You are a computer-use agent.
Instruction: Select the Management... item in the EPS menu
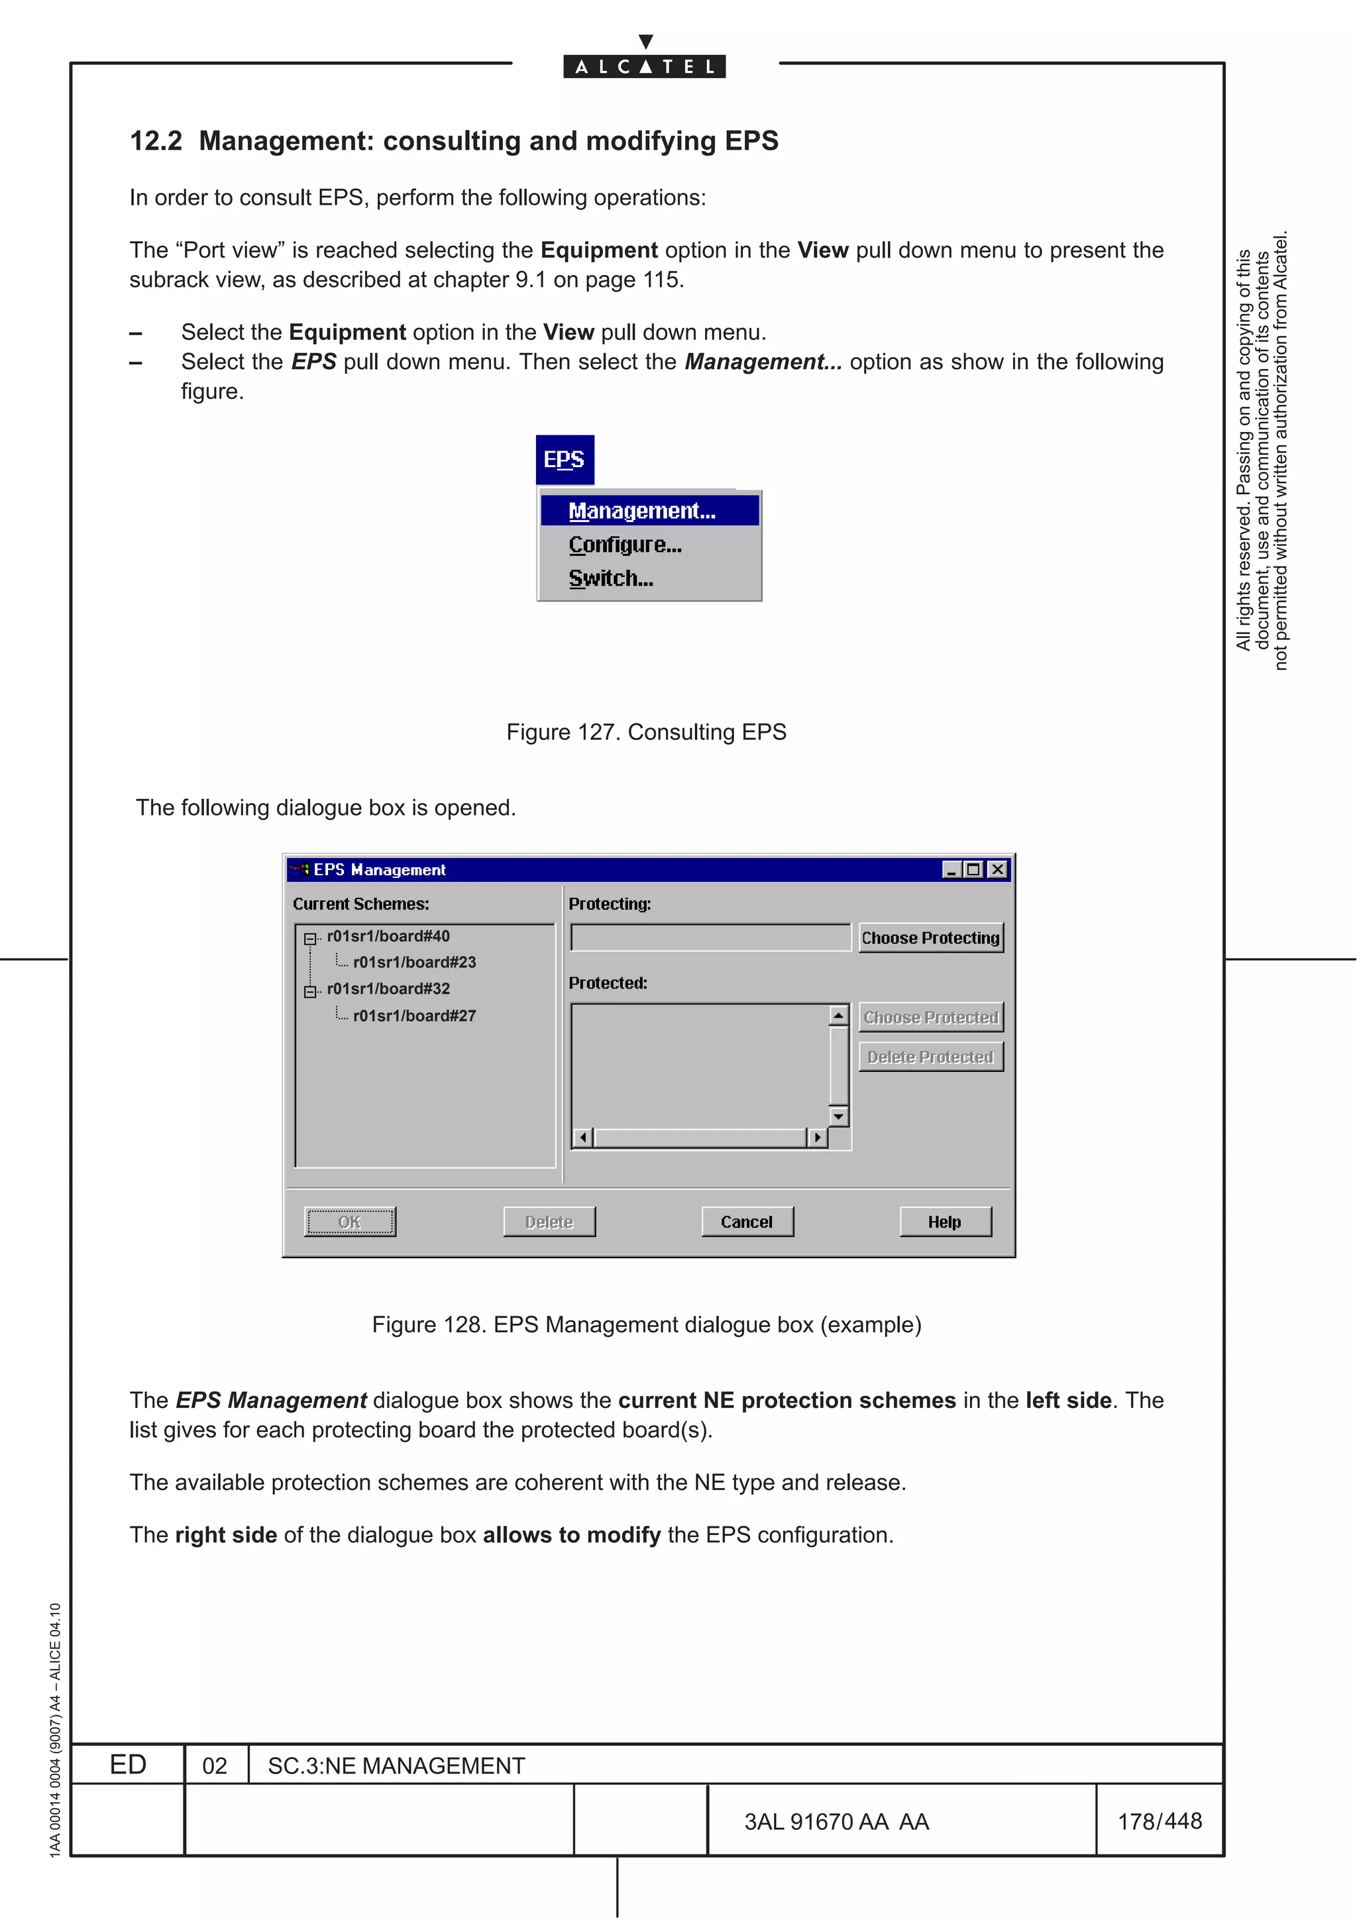642,511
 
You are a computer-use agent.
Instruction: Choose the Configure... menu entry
625,545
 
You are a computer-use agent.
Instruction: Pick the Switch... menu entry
611,578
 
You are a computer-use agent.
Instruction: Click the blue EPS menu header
565,460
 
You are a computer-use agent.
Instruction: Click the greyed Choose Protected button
930,1018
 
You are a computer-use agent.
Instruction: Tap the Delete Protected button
930,1057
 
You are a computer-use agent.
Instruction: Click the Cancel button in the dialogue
747,1222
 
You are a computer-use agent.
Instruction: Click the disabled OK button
349,1222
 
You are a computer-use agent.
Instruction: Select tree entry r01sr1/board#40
388,937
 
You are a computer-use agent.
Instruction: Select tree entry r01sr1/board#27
414,1016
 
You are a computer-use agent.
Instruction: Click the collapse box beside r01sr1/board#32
310,992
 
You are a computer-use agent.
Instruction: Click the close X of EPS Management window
997,870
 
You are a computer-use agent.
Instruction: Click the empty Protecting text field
710,937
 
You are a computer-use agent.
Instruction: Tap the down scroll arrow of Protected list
839,1116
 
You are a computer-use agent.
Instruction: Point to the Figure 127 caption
645,733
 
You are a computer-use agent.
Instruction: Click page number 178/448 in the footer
1160,1821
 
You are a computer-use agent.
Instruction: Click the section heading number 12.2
156,141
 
